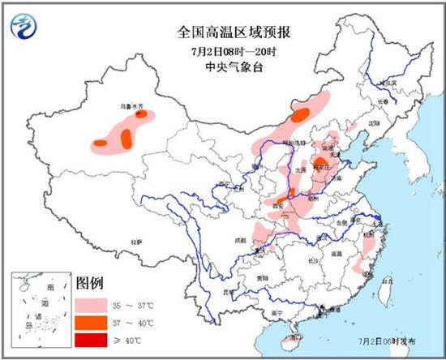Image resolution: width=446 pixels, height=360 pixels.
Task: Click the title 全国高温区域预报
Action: (x=235, y=32)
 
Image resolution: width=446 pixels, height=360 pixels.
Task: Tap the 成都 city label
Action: (x=241, y=240)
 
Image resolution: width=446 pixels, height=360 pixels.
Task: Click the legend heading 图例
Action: (x=88, y=284)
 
